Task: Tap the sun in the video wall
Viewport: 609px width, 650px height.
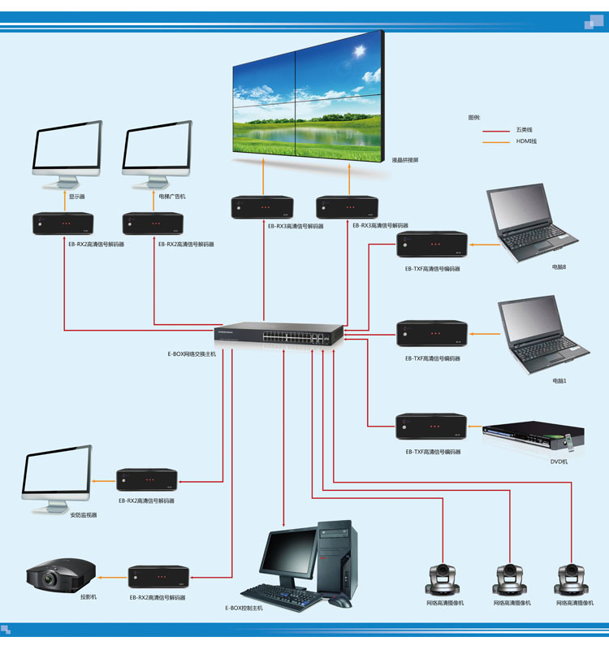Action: coord(358,54)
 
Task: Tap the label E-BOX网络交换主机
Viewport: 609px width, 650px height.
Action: coord(187,354)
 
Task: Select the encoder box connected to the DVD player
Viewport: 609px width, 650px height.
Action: coord(431,427)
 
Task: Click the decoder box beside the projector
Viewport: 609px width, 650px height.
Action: coord(158,578)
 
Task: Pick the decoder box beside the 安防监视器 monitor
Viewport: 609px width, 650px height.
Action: coord(146,480)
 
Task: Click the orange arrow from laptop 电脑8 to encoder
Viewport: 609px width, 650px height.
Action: coord(477,244)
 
